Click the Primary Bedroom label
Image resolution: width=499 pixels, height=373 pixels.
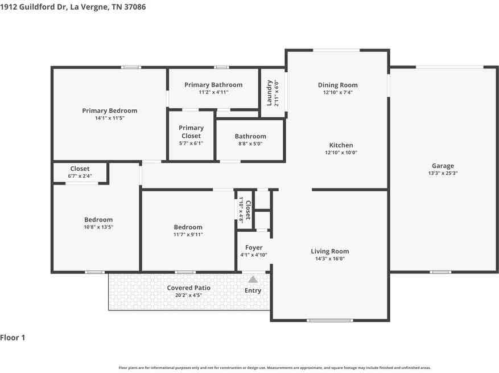110,110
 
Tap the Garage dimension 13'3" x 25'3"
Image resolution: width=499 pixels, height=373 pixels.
443,173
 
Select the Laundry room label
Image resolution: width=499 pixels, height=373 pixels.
269,93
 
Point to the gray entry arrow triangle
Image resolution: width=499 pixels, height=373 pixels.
253,280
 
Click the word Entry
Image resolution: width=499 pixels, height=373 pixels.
253,290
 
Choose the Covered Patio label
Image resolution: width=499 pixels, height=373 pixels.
189,288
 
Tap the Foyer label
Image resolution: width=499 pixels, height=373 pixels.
254,248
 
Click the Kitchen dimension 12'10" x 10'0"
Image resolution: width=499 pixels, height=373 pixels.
341,153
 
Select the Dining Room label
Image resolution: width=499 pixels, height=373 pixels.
337,85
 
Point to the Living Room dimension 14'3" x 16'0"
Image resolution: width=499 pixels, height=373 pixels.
329,259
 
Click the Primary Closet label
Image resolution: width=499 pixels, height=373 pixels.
191,132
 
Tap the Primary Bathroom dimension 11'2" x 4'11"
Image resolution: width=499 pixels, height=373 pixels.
213,92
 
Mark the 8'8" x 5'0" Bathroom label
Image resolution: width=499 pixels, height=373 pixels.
250,136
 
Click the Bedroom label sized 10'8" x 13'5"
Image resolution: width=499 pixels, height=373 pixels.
98,219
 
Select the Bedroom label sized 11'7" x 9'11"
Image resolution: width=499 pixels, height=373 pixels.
188,227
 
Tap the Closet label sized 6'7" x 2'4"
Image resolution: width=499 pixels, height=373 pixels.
80,169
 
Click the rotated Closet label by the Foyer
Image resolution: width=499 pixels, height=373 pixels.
249,210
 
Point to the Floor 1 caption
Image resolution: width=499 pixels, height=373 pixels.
13,338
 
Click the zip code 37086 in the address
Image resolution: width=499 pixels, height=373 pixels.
135,7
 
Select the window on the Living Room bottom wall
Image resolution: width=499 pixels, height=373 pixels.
329,320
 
